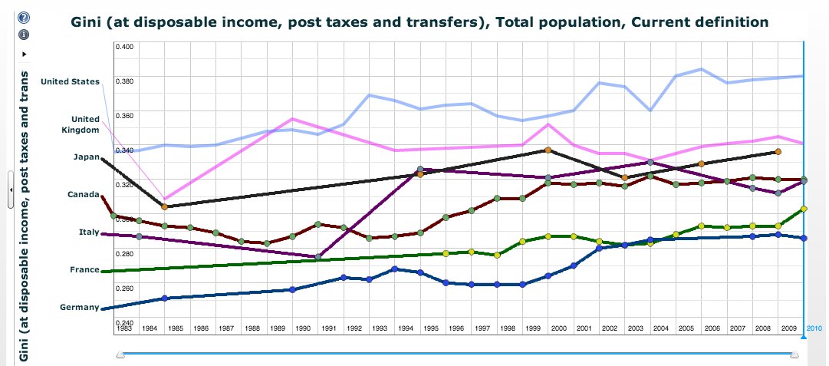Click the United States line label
click(70, 81)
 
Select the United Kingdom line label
click(85, 124)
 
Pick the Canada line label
click(83, 194)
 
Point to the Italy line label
click(88, 232)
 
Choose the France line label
click(84, 269)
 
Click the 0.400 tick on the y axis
click(124, 46)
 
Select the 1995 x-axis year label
click(430, 328)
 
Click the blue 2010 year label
click(814, 328)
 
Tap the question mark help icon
click(24, 18)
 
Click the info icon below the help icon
click(24, 34)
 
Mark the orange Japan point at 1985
click(164, 206)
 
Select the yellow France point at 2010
click(803, 209)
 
